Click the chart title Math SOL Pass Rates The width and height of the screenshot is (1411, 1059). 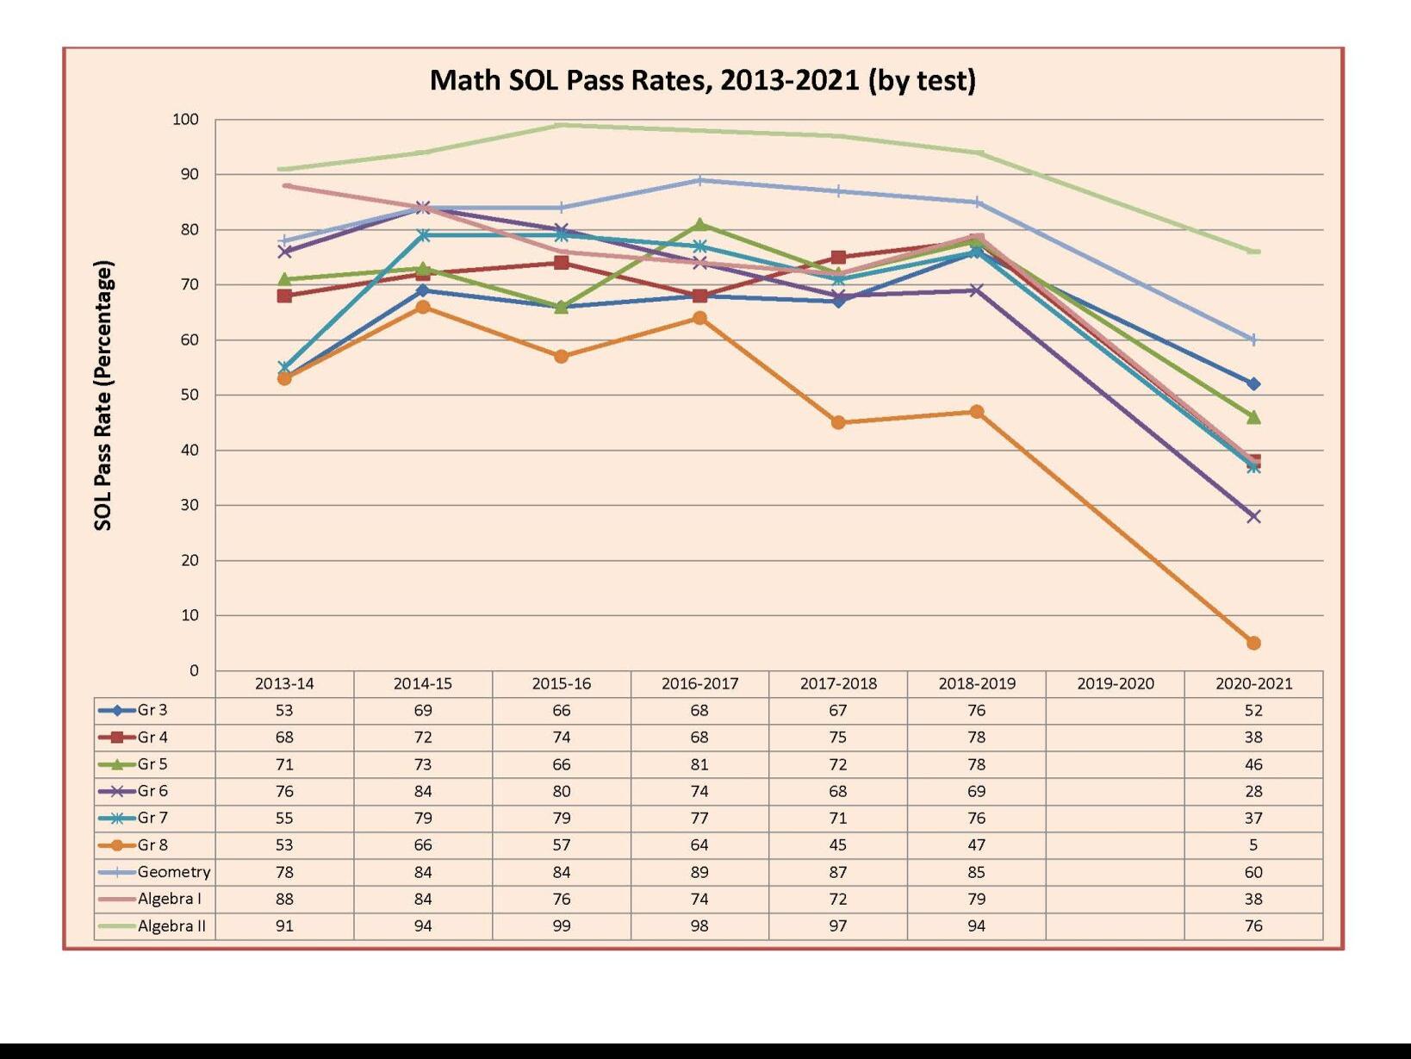coord(702,80)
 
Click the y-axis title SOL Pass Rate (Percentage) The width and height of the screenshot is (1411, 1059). coord(103,396)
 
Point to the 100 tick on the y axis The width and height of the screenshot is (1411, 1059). coord(185,120)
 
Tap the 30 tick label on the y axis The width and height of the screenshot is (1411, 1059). coord(189,505)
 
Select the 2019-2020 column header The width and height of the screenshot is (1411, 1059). coord(1115,683)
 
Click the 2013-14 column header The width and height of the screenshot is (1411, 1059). coord(284,683)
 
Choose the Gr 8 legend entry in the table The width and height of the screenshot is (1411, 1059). coord(152,844)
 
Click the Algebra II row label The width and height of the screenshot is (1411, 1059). coord(171,925)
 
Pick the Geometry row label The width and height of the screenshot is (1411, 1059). coord(173,871)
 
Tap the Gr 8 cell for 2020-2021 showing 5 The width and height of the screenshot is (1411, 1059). coord(1253,844)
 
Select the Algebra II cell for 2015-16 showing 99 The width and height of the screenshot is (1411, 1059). coord(561,925)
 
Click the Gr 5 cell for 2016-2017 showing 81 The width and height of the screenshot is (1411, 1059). coord(699,763)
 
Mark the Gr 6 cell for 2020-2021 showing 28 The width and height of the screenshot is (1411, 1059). coord(1253,790)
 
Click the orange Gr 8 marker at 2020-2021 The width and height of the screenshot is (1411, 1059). coord(1253,643)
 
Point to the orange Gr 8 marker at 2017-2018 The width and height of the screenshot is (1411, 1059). coord(838,422)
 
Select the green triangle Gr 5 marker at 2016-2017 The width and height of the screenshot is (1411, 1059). coord(699,224)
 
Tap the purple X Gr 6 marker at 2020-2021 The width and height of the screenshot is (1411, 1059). coord(1253,516)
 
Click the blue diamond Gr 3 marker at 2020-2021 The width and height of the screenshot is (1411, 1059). coord(1253,383)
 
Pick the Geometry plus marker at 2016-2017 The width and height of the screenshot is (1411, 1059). coord(699,180)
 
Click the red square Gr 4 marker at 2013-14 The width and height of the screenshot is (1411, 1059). coord(284,296)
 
